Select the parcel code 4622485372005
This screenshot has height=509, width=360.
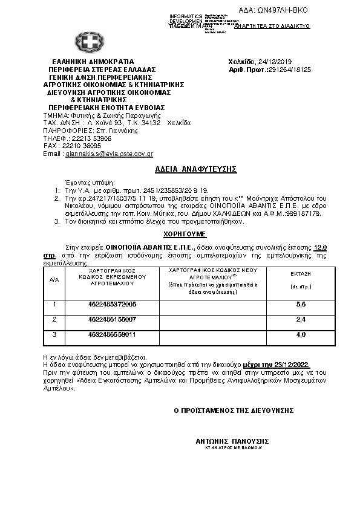[x=112, y=303]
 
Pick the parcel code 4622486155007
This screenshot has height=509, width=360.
[x=112, y=319]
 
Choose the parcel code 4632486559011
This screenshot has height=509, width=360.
[x=112, y=334]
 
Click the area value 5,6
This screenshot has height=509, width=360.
[x=301, y=303]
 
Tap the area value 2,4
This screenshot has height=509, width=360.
[x=301, y=319]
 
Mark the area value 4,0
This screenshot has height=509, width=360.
[x=301, y=334]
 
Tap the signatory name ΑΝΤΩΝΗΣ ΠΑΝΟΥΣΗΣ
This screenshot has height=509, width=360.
[x=232, y=441]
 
